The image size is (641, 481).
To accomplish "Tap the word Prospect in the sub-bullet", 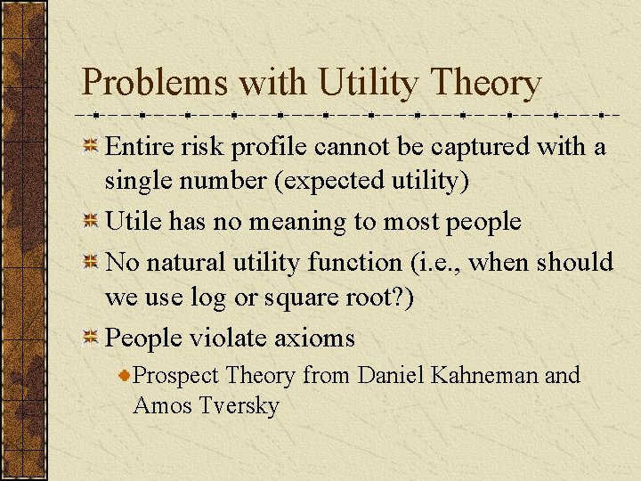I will (175, 376).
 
